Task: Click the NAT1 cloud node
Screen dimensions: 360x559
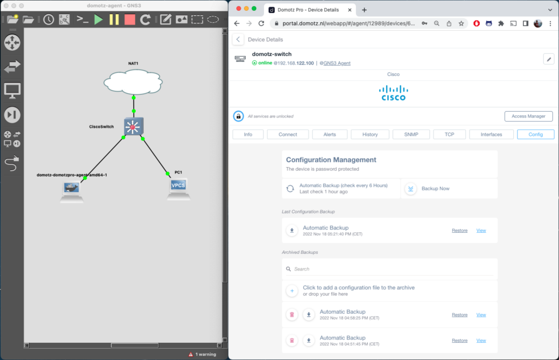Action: point(133,82)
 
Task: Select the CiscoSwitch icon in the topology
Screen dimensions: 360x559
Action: point(133,127)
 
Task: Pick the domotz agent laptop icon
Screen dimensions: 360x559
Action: point(72,191)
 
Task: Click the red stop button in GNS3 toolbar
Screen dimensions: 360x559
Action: point(129,19)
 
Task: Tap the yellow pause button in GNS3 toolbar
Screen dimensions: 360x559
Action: point(114,19)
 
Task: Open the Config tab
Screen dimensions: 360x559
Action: point(536,135)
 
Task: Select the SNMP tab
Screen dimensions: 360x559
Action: point(411,135)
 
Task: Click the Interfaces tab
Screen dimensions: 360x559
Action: point(491,135)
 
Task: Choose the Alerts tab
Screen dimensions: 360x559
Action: point(330,135)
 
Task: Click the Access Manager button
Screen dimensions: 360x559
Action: point(528,116)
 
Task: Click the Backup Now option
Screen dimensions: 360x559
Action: point(435,188)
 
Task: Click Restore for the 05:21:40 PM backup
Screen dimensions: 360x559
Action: point(459,230)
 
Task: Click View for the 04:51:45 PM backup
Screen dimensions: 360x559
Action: point(481,341)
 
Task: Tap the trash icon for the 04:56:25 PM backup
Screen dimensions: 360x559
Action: point(292,314)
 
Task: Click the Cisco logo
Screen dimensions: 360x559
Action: point(394,92)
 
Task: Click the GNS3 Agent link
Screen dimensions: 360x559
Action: point(337,63)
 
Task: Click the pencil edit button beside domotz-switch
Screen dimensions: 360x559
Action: point(548,59)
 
